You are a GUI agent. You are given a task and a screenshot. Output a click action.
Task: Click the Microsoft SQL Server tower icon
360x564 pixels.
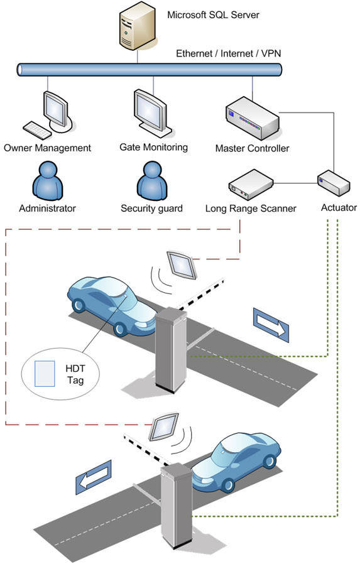138,26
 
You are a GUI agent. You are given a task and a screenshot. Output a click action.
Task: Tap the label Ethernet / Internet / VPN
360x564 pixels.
228,53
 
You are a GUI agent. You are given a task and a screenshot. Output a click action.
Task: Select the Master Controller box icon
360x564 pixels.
253,119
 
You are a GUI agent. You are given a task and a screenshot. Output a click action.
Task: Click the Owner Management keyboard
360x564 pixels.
37,130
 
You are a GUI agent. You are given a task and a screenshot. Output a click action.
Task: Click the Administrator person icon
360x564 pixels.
48,181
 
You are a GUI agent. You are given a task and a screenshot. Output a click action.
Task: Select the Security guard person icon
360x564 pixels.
152,181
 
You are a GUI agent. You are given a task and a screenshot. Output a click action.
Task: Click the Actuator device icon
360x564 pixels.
334,183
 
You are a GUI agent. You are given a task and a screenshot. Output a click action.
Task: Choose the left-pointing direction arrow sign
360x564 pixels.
94,477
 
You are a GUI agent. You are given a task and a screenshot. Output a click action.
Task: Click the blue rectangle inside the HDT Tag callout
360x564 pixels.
45,374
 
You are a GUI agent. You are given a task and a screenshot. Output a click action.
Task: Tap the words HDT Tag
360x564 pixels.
75,374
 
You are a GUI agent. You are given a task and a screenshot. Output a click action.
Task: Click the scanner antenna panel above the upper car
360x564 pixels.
182,265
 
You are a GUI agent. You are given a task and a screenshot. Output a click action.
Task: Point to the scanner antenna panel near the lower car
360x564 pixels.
163,427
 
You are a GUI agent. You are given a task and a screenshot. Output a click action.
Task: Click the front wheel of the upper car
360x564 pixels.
120,328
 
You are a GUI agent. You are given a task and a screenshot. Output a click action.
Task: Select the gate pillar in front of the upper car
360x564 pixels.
171,350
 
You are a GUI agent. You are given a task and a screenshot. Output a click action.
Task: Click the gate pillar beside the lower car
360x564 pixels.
176,506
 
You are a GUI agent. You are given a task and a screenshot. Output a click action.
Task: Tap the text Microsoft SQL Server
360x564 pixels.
213,15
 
